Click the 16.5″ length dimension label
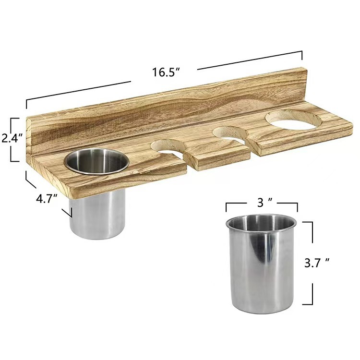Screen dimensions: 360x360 click(166, 72)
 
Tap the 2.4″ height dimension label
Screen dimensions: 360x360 click(12, 138)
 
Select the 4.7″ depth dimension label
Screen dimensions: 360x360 click(47, 198)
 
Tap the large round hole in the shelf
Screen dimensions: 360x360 click(293, 120)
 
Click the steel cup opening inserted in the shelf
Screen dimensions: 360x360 click(96, 161)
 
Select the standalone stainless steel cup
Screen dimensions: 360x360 click(261, 264)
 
